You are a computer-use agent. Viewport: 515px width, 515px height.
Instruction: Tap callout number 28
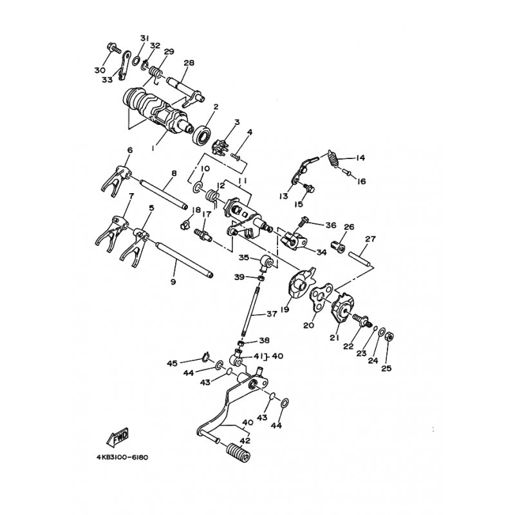point(189,62)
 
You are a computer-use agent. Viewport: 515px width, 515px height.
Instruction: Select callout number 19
point(285,310)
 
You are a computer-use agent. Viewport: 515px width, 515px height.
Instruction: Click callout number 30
point(98,70)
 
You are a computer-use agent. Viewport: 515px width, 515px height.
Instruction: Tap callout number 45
point(172,363)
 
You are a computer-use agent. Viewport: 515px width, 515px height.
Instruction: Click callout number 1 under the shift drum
point(153,147)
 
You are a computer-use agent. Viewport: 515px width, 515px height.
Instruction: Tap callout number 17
point(207,215)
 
